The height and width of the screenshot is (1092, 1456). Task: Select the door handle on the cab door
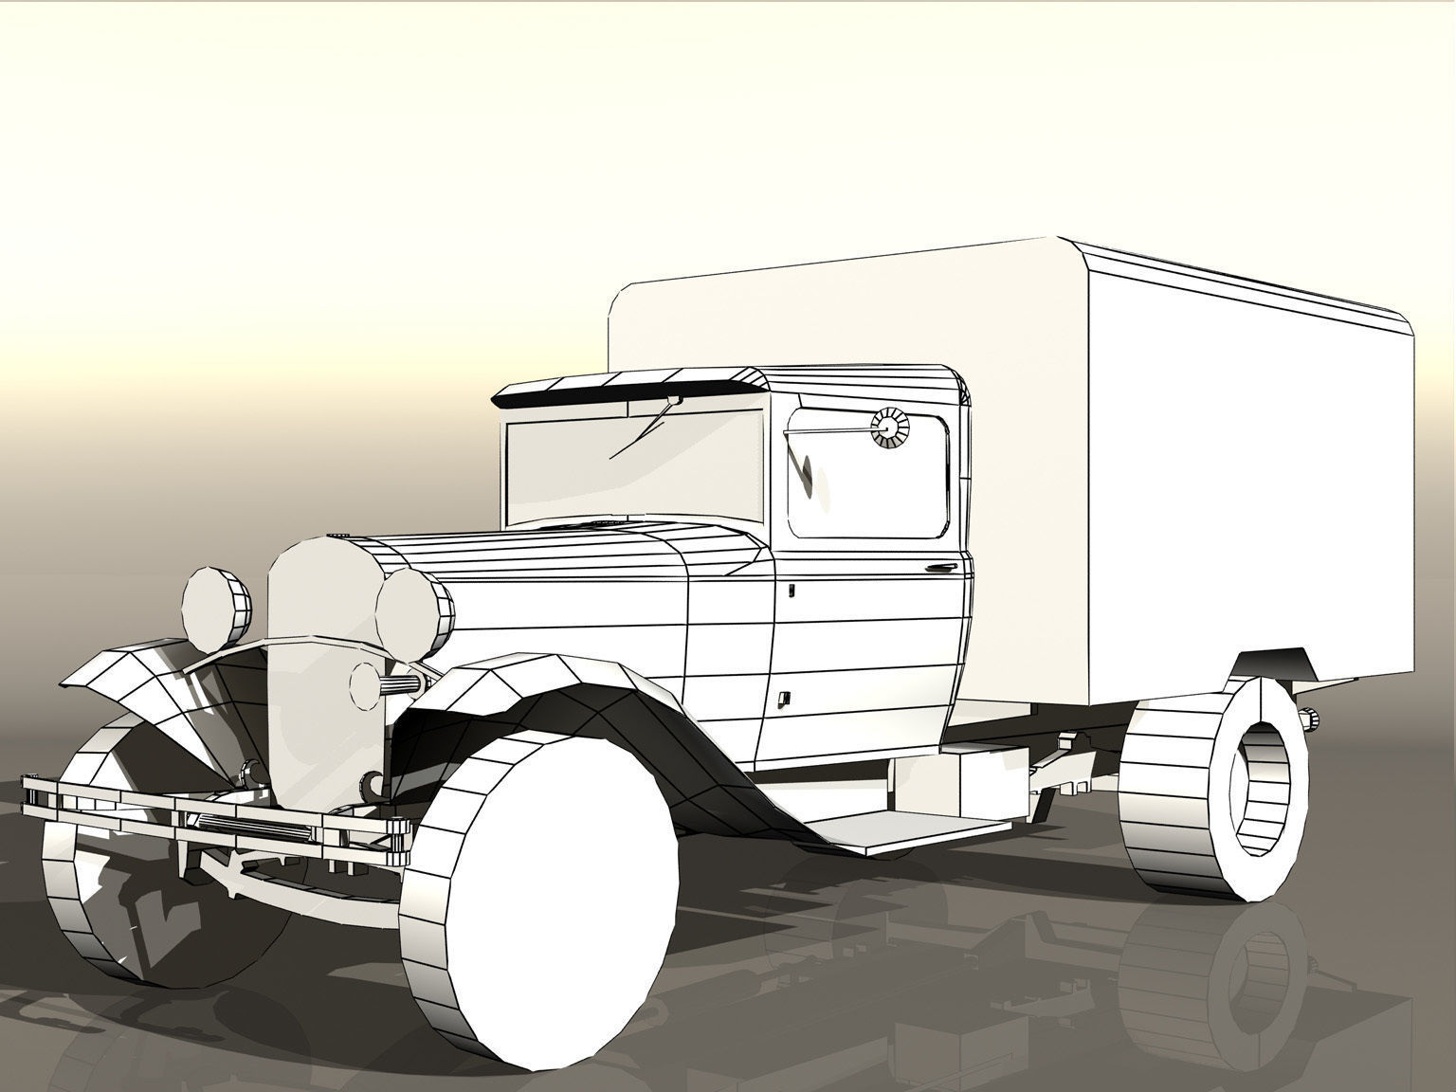click(939, 569)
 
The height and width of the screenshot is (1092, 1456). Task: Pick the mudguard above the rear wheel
click(1275, 664)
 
